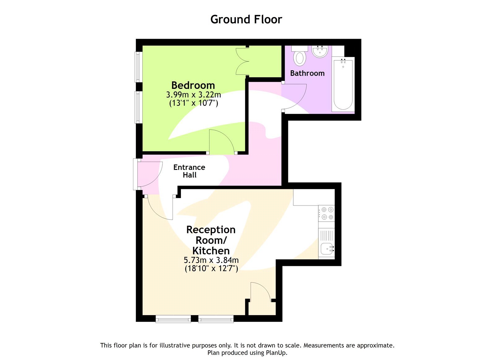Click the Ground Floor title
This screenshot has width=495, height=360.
(246, 20)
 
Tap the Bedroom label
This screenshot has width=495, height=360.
(193, 85)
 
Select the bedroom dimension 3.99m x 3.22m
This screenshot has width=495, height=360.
(193, 94)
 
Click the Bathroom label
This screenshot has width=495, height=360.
(307, 73)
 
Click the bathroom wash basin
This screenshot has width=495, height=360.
(320, 51)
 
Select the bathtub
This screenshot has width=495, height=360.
(343, 84)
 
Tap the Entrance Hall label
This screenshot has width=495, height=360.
(189, 171)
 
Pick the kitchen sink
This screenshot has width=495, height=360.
(327, 248)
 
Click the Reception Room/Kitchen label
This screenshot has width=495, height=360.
(211, 240)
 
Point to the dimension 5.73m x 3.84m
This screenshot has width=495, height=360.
(211, 260)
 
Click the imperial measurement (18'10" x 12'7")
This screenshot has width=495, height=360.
(211, 268)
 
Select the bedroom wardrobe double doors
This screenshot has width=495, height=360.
(242, 61)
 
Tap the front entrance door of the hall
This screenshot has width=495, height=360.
(149, 174)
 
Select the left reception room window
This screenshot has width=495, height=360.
(173, 319)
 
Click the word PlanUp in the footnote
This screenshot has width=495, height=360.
(276, 353)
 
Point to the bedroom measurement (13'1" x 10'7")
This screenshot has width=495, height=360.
(193, 103)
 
